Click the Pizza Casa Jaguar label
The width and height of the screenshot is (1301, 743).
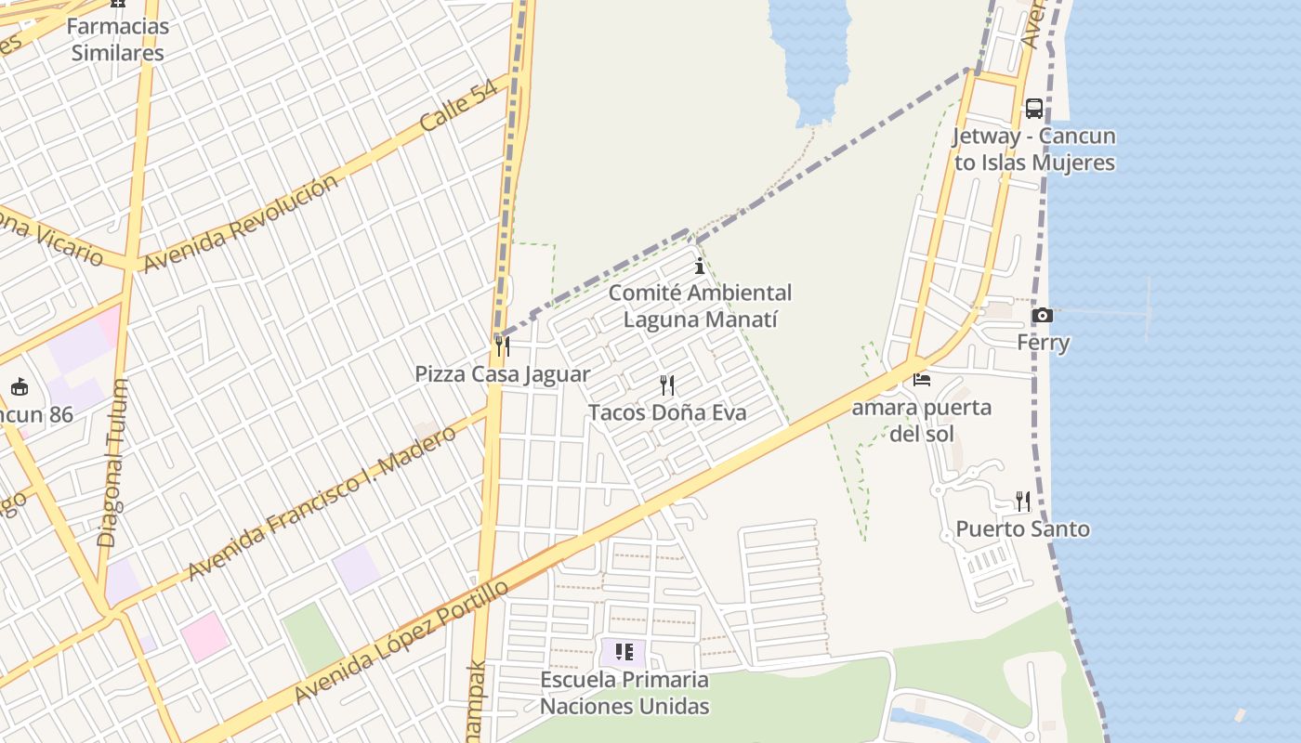point(502,374)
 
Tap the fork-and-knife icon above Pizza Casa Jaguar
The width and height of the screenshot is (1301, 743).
point(502,346)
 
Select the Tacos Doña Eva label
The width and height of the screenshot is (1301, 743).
point(667,412)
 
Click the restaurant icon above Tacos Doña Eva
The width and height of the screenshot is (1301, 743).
point(667,385)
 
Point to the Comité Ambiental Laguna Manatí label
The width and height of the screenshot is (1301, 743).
point(701,306)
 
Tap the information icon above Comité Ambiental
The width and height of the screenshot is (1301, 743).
point(700,267)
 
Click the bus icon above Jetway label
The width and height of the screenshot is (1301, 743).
point(1033,109)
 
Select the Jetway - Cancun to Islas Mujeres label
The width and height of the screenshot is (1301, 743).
point(1033,149)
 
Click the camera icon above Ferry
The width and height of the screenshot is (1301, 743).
point(1043,316)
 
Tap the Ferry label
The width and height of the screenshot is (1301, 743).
point(1043,343)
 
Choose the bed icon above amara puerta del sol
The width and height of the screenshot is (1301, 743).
point(922,379)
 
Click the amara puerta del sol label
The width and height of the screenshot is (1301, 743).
point(922,420)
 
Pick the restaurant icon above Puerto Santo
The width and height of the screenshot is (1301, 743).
point(1022,502)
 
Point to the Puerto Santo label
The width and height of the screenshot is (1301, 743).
point(1022,529)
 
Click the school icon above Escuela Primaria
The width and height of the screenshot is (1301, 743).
point(624,652)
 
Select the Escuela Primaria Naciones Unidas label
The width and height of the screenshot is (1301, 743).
point(624,693)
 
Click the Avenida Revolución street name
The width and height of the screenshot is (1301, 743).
point(241,224)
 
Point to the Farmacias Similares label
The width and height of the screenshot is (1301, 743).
point(118,39)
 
